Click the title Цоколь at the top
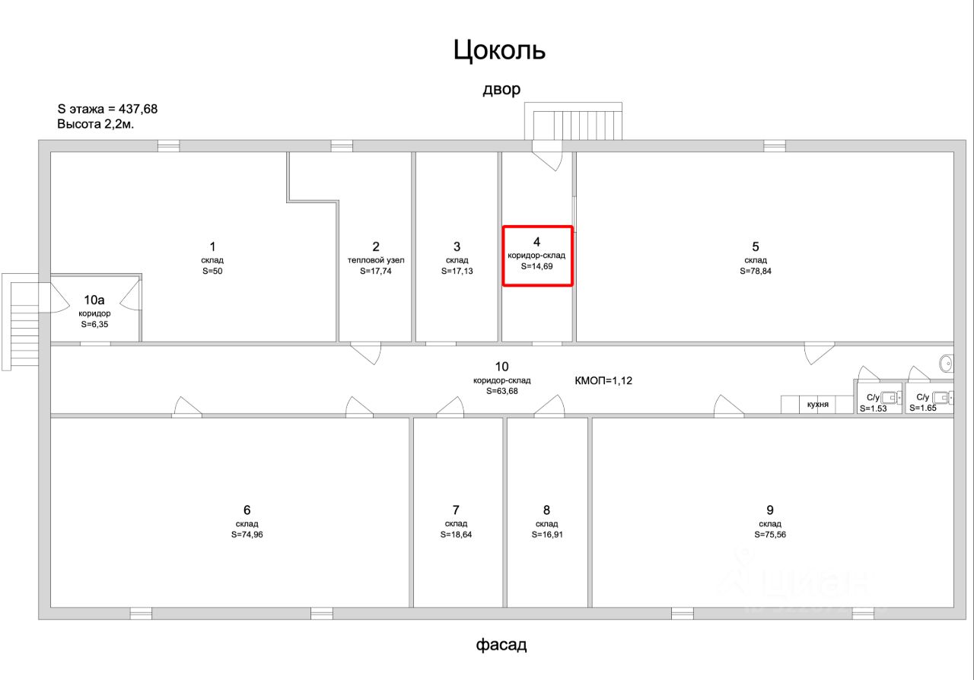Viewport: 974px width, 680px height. (500, 50)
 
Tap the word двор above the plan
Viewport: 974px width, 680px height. (501, 89)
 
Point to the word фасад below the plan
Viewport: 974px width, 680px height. (501, 645)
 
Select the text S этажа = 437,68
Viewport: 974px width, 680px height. (107, 109)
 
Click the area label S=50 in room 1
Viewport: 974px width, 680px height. (212, 271)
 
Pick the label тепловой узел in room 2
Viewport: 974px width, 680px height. (375, 260)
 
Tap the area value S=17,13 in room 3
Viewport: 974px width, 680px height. (457, 271)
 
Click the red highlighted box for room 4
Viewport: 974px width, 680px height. (537, 256)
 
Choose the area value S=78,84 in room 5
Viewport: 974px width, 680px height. (756, 271)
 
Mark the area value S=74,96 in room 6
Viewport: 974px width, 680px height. (247, 534)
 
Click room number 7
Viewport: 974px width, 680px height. (456, 510)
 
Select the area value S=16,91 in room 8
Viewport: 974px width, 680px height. (547, 534)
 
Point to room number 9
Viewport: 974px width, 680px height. (770, 510)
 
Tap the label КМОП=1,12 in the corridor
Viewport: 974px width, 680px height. (603, 380)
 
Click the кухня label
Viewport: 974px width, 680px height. (818, 404)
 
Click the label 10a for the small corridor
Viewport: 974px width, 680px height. (95, 300)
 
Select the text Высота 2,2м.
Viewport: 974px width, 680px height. (96, 124)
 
